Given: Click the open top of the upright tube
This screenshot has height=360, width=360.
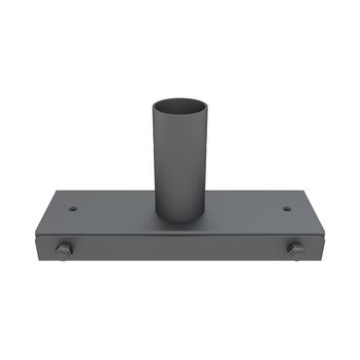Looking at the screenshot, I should [x=180, y=102].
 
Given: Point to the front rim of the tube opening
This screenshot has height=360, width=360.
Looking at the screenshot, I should [x=180, y=110].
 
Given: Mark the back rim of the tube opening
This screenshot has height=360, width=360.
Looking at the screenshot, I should [x=180, y=95].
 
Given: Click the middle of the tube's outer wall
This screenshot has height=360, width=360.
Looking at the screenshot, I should [x=180, y=161].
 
